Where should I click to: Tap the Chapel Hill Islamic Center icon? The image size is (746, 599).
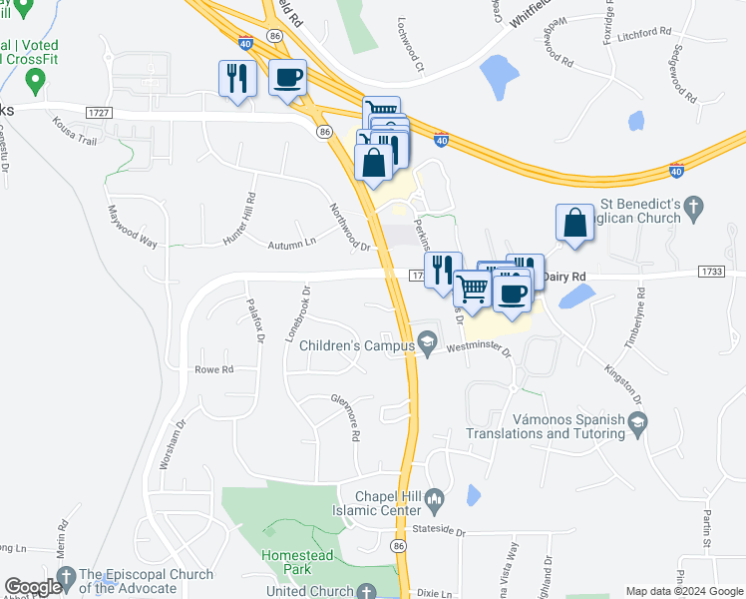click(434, 498)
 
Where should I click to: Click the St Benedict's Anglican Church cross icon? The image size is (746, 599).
click(696, 209)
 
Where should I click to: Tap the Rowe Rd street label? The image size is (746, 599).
click(213, 369)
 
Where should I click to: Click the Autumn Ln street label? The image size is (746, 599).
click(291, 243)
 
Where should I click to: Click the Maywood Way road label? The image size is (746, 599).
click(134, 229)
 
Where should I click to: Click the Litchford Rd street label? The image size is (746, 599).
click(643, 32)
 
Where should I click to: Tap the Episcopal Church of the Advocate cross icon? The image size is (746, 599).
click(66, 577)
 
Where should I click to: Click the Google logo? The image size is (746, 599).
click(32, 588)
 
